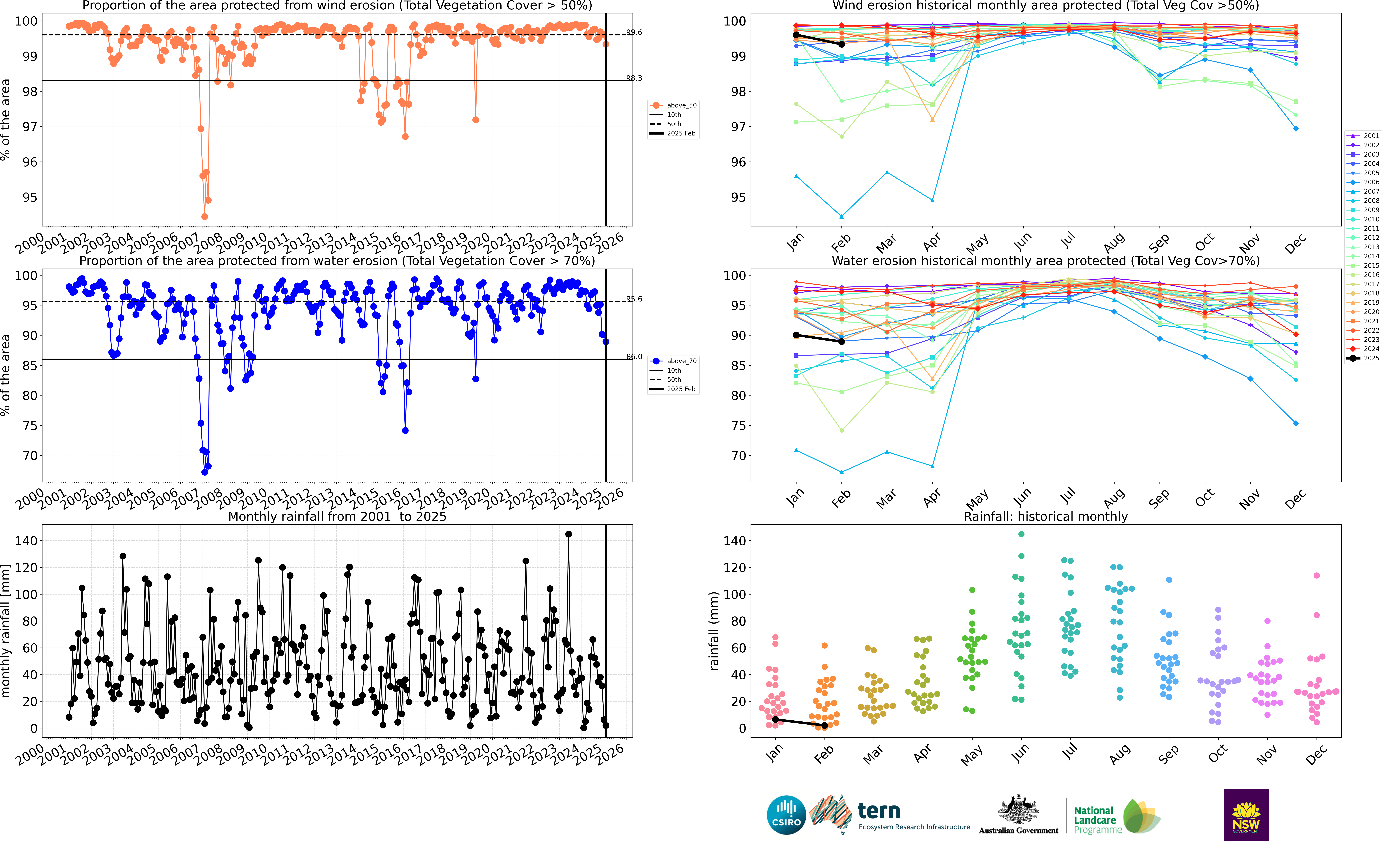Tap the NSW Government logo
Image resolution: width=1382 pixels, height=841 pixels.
(1246, 815)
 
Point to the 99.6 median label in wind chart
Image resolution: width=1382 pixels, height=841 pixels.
(634, 33)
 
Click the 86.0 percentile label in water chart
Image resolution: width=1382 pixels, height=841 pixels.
(634, 357)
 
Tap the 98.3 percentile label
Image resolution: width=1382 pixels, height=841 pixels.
(634, 78)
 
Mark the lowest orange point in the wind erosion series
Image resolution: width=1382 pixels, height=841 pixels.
(205, 216)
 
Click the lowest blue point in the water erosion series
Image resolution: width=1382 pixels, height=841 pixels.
(205, 472)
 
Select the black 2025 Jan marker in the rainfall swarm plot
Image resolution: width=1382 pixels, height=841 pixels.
(775, 719)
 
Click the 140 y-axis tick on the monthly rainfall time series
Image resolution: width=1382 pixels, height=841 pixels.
(26, 541)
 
